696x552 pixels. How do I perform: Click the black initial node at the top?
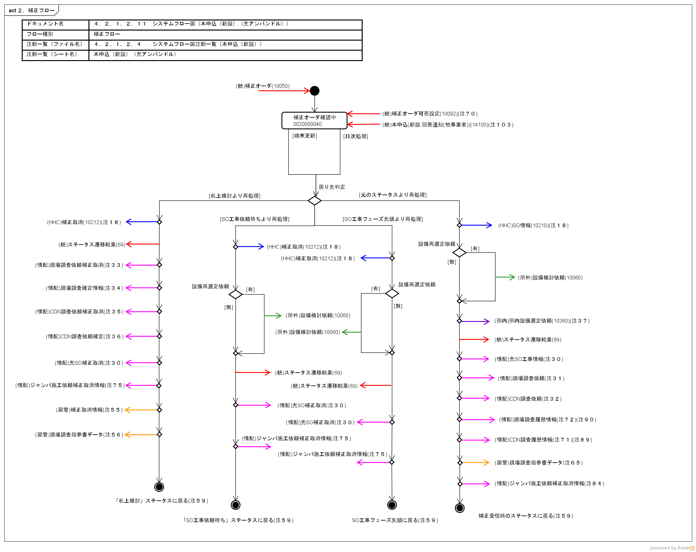(x=314, y=91)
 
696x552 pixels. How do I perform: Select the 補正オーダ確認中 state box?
(x=314, y=121)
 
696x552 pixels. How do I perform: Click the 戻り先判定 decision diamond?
(x=314, y=200)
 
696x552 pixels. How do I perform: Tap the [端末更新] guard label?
(x=304, y=136)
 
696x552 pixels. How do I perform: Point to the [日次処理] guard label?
(x=355, y=136)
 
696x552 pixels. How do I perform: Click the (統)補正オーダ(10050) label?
(x=262, y=86)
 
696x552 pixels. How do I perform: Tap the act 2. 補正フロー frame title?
(x=31, y=10)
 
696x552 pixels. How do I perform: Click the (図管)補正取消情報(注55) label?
(x=89, y=410)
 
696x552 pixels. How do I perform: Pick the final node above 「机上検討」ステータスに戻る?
(x=159, y=487)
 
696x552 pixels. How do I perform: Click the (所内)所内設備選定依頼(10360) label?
(x=542, y=321)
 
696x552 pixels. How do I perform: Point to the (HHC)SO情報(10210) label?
(x=533, y=225)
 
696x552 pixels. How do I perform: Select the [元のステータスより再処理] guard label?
(x=393, y=195)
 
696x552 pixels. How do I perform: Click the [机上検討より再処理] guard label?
(x=235, y=196)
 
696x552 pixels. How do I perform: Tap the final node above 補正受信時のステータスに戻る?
(x=459, y=508)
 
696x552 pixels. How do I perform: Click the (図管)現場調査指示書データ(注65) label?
(x=539, y=463)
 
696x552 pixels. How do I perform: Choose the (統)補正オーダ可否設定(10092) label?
(x=430, y=114)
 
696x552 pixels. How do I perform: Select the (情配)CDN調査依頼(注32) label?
(x=528, y=399)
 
